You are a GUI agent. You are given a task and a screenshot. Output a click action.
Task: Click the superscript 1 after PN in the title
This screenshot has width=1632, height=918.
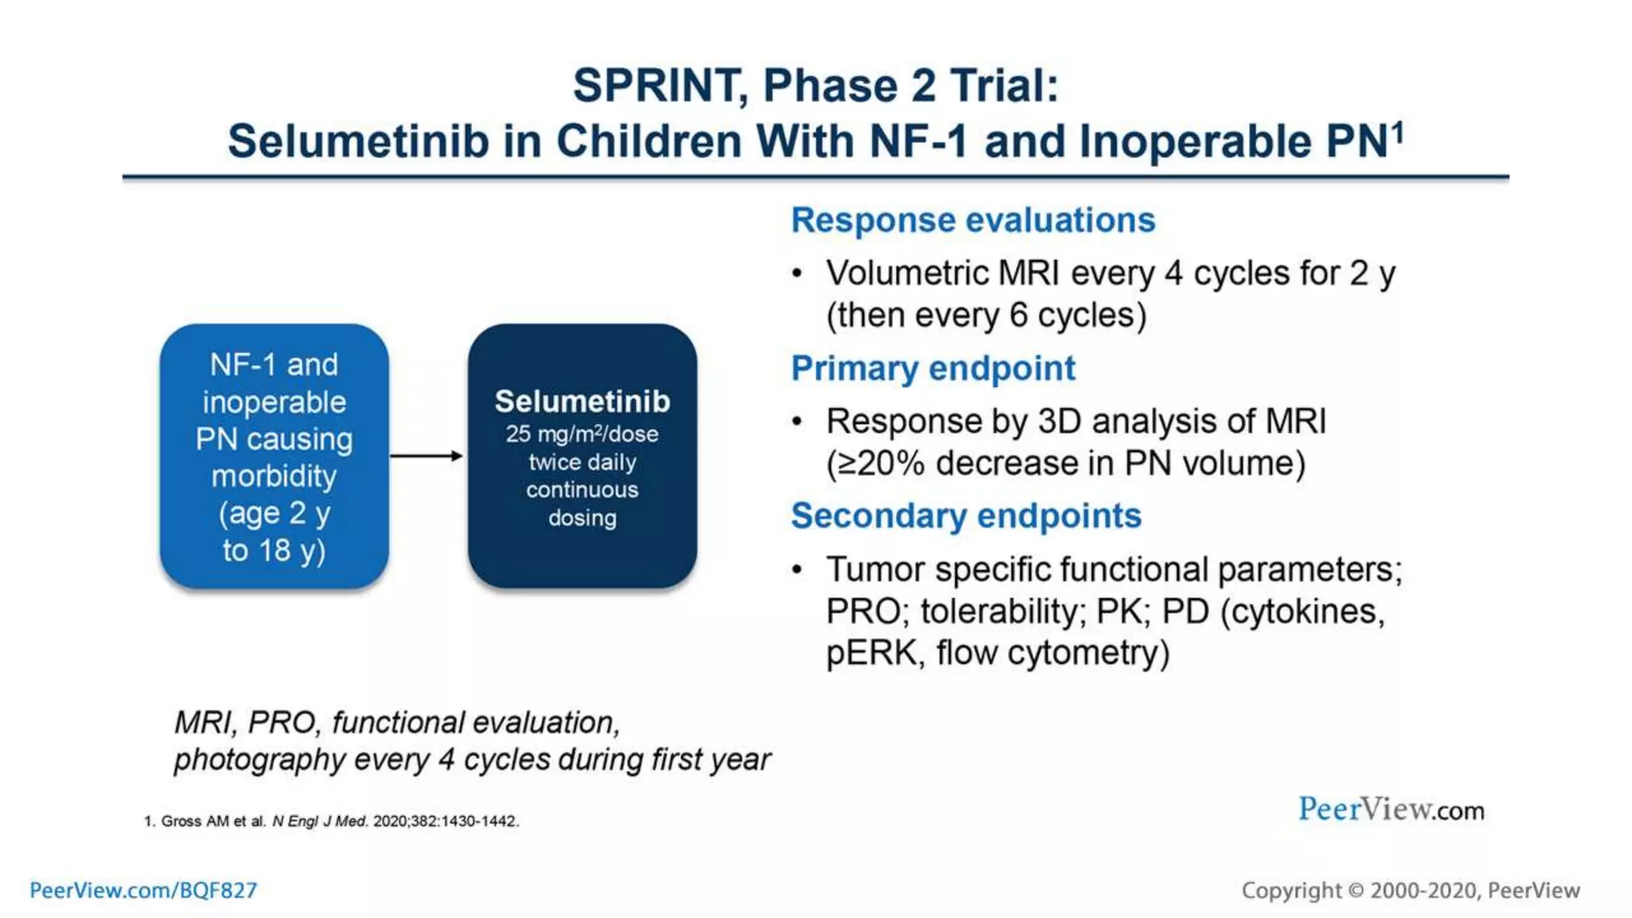tap(1398, 131)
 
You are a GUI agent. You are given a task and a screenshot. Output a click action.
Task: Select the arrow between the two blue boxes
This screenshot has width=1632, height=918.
tap(426, 456)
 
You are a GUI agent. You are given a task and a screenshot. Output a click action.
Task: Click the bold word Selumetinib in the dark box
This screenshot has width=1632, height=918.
tap(582, 402)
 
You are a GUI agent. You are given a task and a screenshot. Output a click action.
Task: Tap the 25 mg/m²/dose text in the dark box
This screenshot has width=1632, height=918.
tap(582, 434)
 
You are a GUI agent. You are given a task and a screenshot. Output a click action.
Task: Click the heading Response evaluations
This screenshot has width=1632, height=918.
tap(972, 220)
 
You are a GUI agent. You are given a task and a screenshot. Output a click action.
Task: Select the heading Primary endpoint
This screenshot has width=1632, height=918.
tap(932, 368)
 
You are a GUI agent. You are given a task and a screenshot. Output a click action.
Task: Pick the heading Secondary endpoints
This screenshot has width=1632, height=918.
tap(966, 516)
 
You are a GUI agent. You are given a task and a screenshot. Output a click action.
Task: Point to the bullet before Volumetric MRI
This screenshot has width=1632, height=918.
tap(797, 274)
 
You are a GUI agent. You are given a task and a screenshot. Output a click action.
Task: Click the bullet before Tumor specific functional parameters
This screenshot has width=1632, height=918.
tap(797, 570)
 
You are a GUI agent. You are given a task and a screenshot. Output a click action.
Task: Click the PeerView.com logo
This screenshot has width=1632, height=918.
tap(1391, 810)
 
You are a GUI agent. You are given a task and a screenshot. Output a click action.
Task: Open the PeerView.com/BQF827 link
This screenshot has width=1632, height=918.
tap(143, 890)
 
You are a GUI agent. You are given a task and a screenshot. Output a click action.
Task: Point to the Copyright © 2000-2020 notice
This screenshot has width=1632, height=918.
tap(1410, 890)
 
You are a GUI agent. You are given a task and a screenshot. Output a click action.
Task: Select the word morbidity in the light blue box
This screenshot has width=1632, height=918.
tap(274, 477)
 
